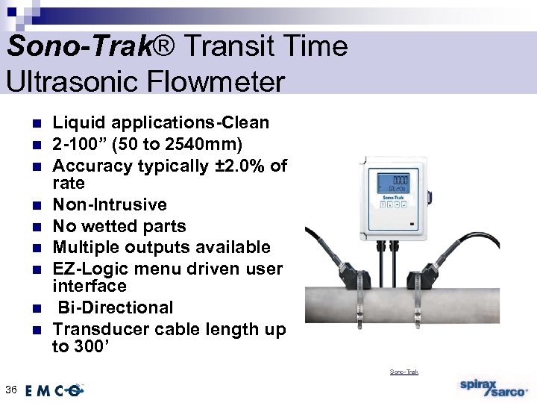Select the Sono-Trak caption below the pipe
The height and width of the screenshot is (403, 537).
[x=404, y=372]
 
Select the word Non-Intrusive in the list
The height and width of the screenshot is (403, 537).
[x=110, y=204]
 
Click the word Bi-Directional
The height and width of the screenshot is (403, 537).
[x=116, y=307]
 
